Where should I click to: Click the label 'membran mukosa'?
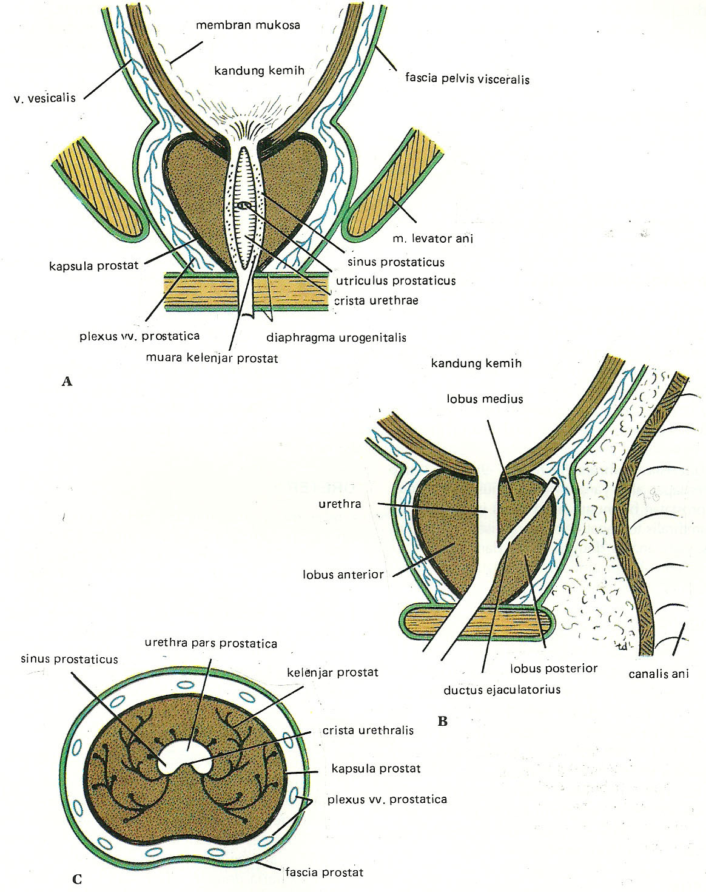point(248,25)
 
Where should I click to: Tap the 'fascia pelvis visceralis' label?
point(467,78)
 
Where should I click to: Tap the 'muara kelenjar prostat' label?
point(212,358)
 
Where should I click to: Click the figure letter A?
point(67,381)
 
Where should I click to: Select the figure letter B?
point(443,721)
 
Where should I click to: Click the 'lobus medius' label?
point(485,399)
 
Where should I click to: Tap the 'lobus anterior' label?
point(343,573)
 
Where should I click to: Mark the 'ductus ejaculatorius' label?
point(502,689)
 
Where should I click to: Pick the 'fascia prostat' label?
point(324,872)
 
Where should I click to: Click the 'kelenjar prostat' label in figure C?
point(334,672)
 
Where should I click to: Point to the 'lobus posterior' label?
point(554,668)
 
